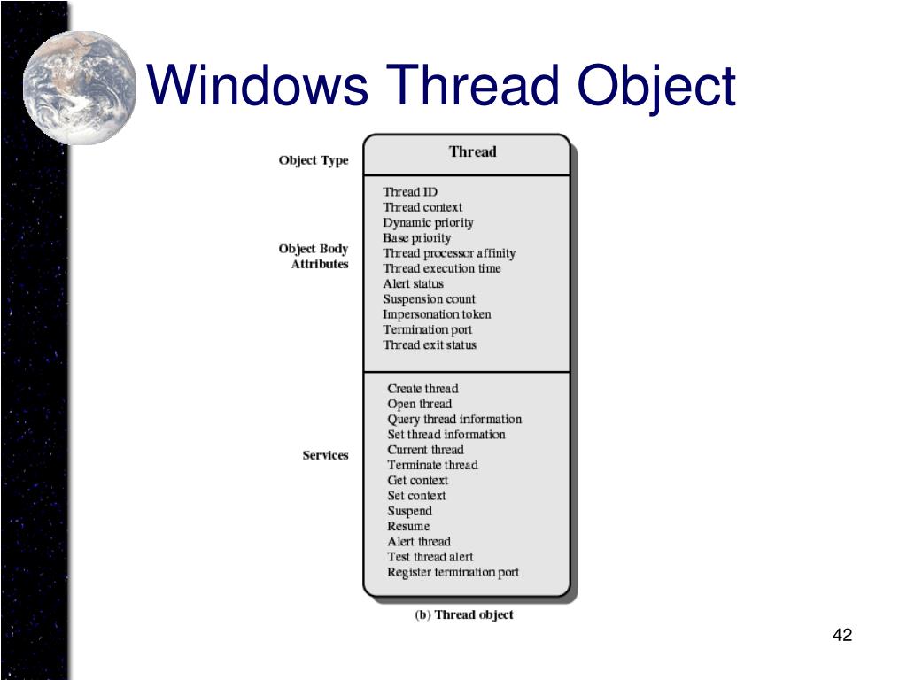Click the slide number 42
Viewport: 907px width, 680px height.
coord(842,635)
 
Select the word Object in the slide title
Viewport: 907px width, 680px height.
coord(656,87)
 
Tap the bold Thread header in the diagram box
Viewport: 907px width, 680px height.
coord(472,151)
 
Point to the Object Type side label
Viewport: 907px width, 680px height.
coord(314,160)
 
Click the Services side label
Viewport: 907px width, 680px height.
coord(325,455)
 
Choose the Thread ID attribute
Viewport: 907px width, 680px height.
coord(410,192)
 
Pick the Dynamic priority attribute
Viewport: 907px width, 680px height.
coord(428,222)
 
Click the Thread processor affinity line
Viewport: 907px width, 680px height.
coord(448,253)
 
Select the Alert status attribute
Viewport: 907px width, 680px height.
coord(413,283)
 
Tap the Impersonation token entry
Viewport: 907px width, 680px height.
coord(437,314)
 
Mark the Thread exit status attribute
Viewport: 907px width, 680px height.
coord(430,344)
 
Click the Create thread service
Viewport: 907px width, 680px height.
coord(422,389)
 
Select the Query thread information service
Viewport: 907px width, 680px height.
coord(454,419)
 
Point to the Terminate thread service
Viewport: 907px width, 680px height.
coord(432,465)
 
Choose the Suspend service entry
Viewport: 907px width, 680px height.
coord(409,511)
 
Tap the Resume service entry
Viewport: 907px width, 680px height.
coord(408,526)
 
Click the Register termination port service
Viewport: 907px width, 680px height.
coord(453,572)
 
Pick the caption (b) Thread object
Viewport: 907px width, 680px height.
coord(464,614)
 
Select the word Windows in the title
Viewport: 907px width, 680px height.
coord(258,87)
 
